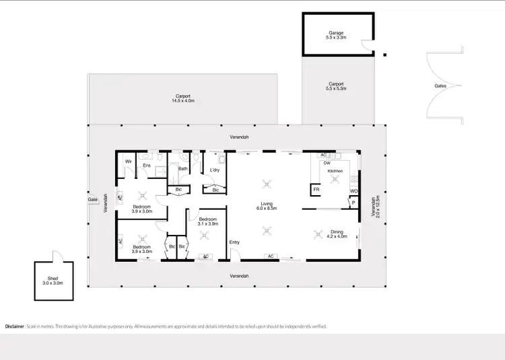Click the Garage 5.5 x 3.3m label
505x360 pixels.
click(336, 35)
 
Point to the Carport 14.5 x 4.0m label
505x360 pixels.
click(182, 98)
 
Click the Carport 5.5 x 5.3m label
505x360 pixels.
click(336, 87)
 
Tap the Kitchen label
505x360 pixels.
click(335, 172)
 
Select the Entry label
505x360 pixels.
click(234, 242)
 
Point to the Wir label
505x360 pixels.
click(128, 161)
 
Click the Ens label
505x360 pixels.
click(146, 165)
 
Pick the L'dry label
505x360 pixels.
click(215, 170)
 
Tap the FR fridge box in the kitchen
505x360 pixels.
click(316, 190)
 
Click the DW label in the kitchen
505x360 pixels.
click(327, 163)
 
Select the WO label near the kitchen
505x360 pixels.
click(353, 191)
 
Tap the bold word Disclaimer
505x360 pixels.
click(14, 326)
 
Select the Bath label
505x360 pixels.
click(182, 169)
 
